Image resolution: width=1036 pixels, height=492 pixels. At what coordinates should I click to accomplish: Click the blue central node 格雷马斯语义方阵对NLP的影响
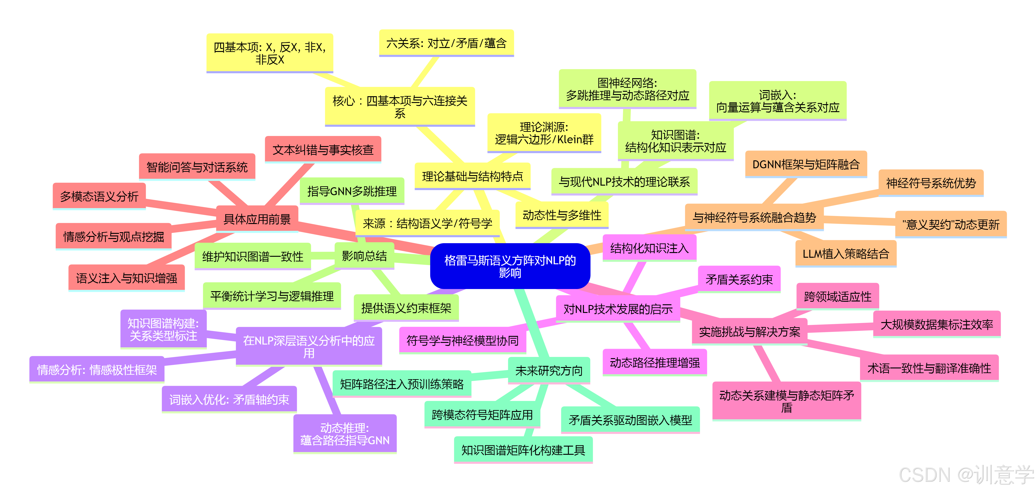(x=510, y=266)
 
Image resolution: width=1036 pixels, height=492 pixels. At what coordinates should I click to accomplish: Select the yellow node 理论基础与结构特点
(x=473, y=176)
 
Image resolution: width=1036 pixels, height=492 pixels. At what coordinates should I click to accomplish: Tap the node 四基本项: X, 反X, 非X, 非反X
(x=270, y=53)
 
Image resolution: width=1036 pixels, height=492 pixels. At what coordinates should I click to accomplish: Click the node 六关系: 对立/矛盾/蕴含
(x=446, y=43)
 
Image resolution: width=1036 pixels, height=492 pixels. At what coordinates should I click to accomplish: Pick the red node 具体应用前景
(x=257, y=219)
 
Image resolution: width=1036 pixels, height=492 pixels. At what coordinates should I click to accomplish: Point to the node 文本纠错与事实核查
(x=323, y=150)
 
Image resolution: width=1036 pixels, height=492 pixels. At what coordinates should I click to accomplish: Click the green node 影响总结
(x=364, y=256)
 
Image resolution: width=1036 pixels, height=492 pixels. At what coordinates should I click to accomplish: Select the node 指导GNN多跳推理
(x=352, y=191)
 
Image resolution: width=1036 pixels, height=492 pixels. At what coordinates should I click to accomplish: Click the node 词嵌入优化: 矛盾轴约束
(x=229, y=400)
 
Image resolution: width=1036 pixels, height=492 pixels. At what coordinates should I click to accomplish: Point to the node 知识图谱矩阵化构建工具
(x=523, y=450)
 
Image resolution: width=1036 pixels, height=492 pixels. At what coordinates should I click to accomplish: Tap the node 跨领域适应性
(x=838, y=297)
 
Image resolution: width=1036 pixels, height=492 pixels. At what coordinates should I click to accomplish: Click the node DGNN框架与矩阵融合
(x=806, y=164)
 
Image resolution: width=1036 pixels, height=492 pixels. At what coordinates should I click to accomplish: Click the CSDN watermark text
(x=965, y=476)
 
